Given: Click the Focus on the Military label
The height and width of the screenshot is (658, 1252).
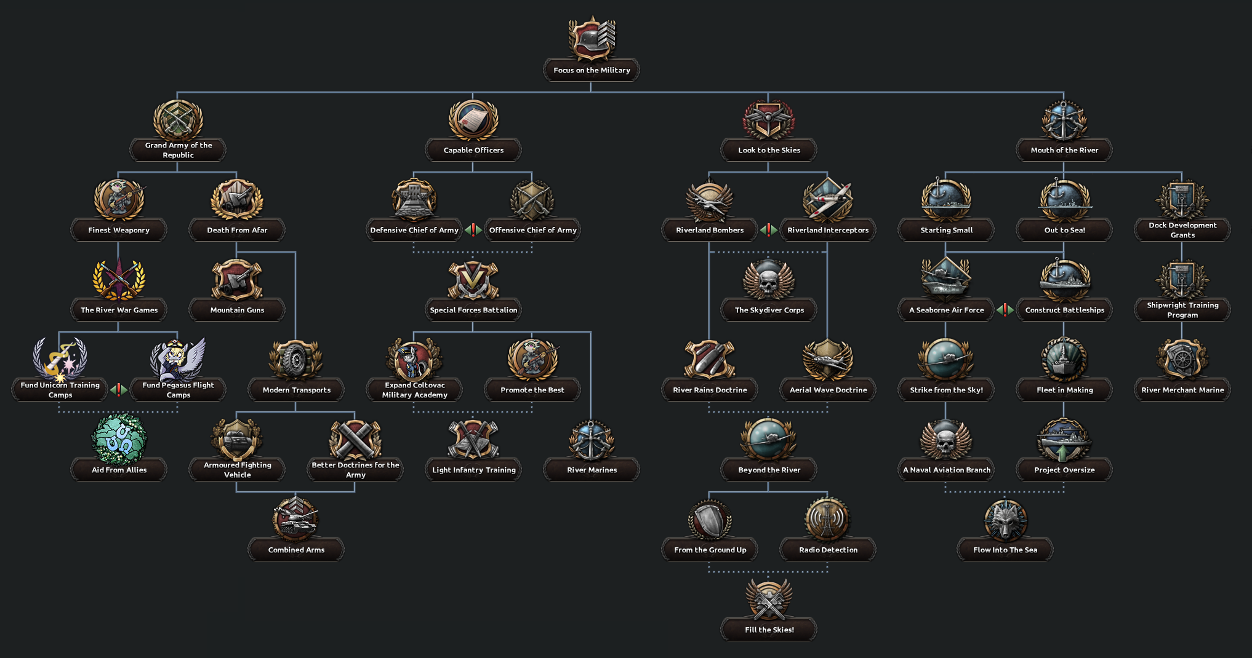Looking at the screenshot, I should point(592,70).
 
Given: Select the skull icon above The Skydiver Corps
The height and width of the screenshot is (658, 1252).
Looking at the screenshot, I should point(768,280).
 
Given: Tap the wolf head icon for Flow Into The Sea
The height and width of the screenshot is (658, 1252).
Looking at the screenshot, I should point(1005,520).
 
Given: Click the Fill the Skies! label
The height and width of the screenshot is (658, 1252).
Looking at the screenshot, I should point(769,630).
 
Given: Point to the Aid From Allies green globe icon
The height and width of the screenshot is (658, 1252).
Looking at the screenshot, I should point(119,438).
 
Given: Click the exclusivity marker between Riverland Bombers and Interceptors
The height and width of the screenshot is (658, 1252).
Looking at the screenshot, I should point(768,230).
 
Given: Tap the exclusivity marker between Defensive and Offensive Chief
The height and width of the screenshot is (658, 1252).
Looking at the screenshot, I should point(473,230).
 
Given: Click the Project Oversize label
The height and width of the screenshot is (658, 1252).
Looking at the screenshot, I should point(1064,470).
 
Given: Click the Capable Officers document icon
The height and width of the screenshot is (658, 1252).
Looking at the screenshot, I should point(473,119).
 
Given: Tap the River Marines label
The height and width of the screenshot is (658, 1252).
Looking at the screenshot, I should point(592,470).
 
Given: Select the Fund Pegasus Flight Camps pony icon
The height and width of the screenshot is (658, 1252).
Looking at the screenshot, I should point(178,359).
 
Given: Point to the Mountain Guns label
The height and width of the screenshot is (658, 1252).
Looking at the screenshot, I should point(237,310).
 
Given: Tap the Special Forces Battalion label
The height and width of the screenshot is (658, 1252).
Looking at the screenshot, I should point(473,310).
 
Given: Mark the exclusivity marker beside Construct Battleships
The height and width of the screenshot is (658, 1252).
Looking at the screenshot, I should point(1005,310).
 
